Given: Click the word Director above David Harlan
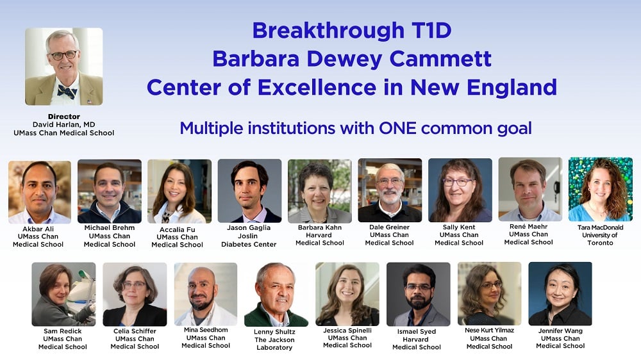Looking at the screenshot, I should point(63,117).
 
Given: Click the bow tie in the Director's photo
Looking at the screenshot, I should point(67,91).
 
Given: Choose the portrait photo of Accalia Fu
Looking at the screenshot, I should point(179,191).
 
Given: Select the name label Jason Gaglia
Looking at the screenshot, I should point(249,228).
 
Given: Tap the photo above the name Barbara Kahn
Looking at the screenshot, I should point(319,191).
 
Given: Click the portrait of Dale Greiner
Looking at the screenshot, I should point(390,190).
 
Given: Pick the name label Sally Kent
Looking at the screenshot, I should point(459,227).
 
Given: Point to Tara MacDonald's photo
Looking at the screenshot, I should point(600,189).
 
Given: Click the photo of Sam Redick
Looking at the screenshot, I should point(63,294).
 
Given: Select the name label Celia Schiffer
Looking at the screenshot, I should point(135,331).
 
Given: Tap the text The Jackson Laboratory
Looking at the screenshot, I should point(274,344).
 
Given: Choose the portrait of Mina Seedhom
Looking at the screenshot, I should point(206,294).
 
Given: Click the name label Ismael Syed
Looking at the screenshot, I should point(417,332).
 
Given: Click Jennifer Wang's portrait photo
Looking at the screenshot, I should point(560,293).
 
